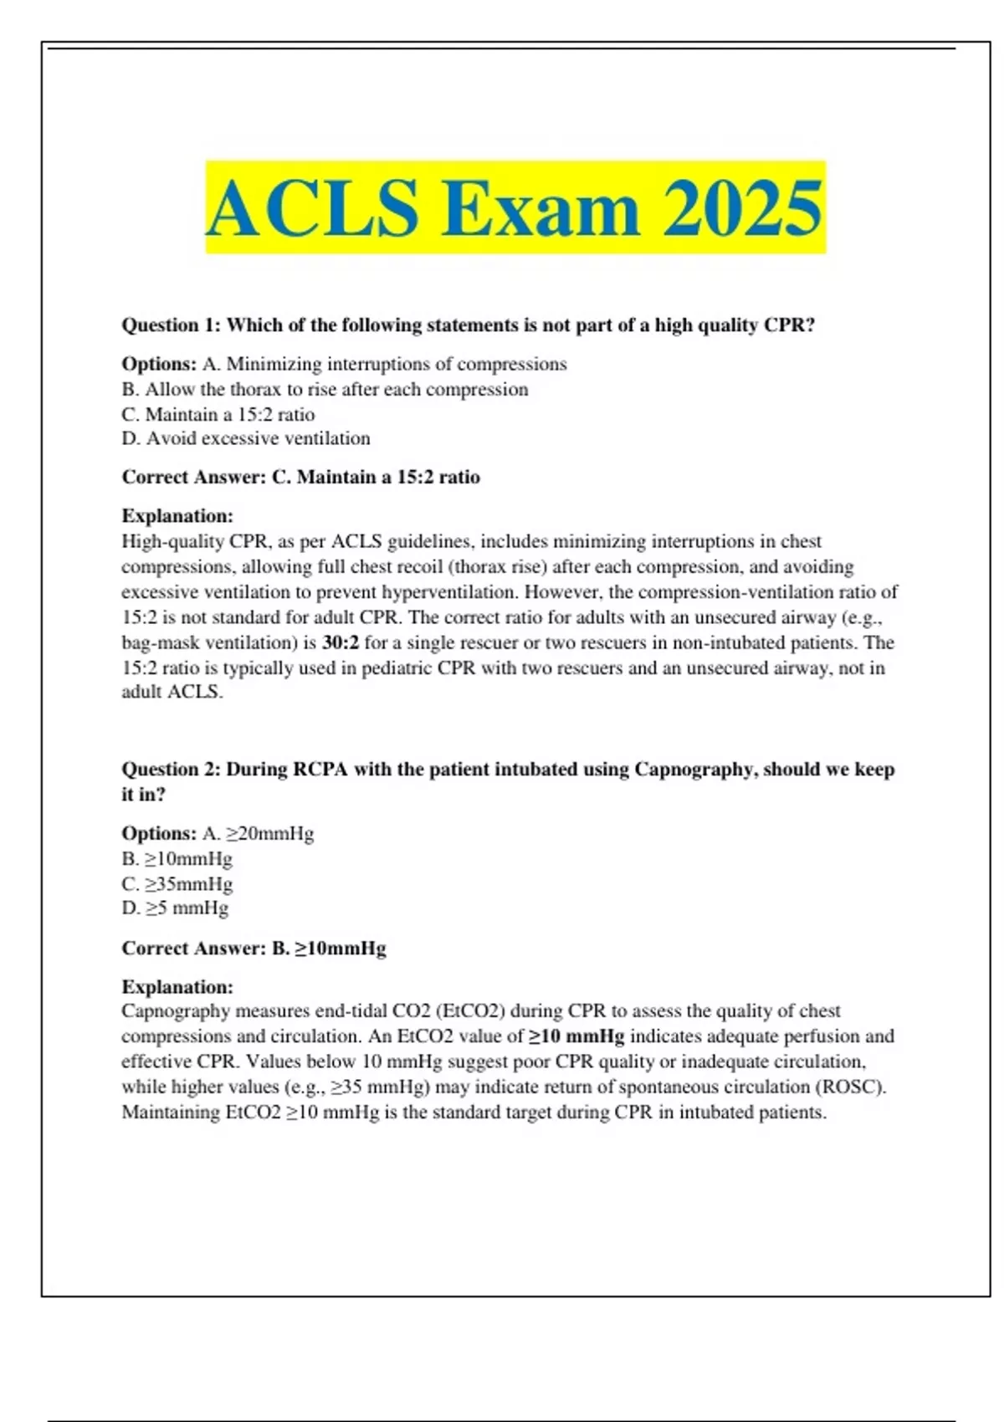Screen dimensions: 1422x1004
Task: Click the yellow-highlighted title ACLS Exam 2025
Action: point(515,208)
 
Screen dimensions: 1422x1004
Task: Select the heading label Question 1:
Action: point(172,325)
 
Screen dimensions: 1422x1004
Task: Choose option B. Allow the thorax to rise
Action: point(325,390)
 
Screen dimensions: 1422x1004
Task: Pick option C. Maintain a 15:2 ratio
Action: point(218,415)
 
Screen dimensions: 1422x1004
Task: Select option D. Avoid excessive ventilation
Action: point(246,439)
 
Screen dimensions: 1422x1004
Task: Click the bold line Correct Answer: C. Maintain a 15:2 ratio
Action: point(301,478)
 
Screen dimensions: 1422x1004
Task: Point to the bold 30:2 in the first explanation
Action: point(341,643)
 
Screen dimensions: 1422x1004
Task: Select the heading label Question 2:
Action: point(172,770)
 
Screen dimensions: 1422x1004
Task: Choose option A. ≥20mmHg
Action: point(259,834)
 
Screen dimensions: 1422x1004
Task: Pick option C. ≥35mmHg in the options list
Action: point(177,884)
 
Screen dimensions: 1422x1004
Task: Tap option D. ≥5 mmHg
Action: point(175,908)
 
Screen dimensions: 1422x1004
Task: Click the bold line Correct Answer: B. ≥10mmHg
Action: point(254,949)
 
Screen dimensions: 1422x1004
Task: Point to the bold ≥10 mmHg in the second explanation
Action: point(576,1036)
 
